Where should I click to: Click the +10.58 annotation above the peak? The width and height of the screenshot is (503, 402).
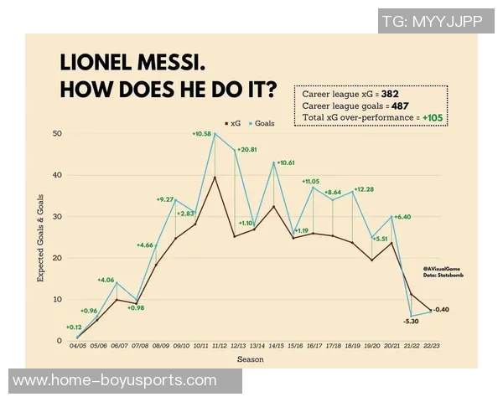(x=201, y=134)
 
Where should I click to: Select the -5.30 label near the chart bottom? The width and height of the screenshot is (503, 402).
(x=411, y=321)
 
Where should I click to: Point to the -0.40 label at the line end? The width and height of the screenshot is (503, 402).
(x=443, y=310)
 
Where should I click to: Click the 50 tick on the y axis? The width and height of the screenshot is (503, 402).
(x=57, y=134)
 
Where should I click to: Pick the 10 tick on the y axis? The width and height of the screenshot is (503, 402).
(x=57, y=299)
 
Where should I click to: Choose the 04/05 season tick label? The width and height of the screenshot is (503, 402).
(x=77, y=346)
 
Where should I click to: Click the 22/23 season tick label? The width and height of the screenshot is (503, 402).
(x=433, y=346)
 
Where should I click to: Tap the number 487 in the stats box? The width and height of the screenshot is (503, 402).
(x=401, y=107)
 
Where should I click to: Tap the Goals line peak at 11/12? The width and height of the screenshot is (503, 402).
(x=215, y=134)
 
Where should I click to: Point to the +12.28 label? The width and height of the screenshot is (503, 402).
(x=364, y=189)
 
